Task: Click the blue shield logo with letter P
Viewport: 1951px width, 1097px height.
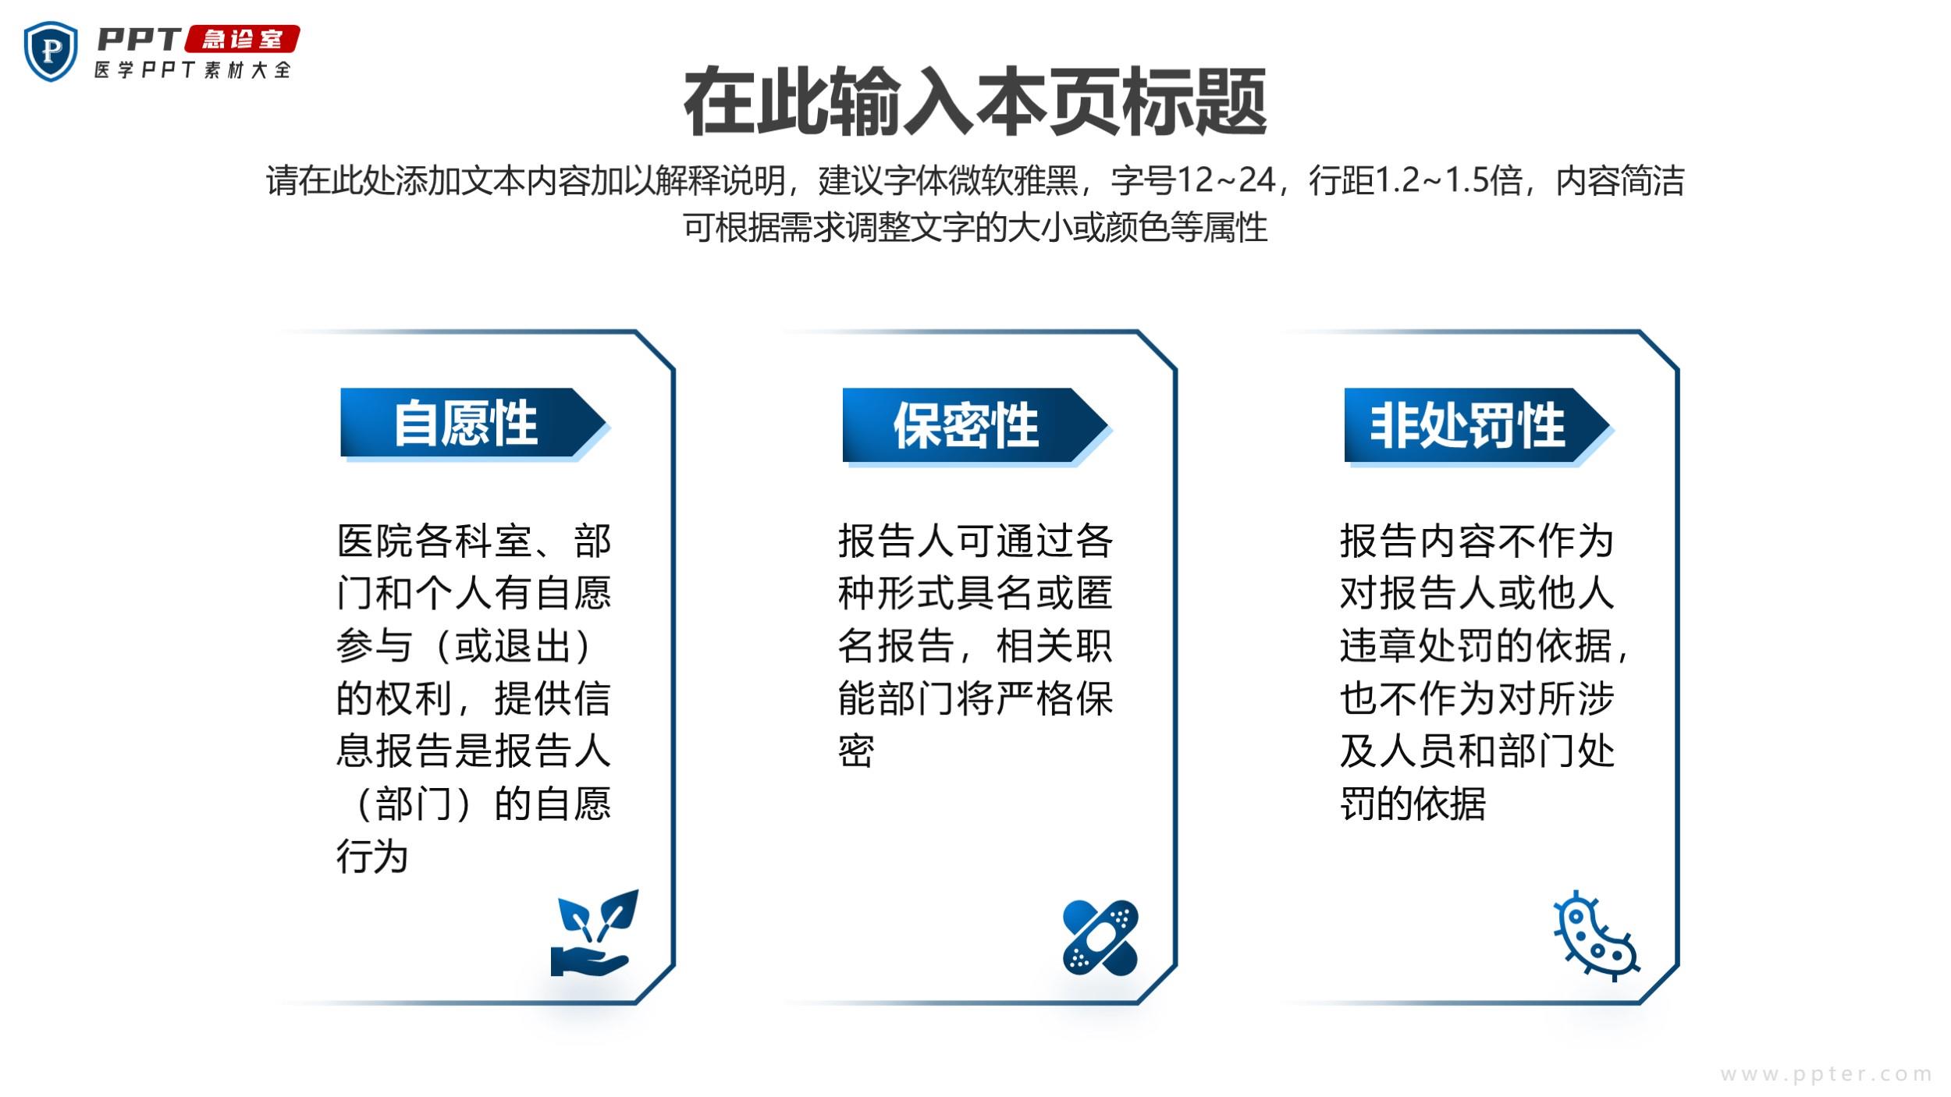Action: [51, 51]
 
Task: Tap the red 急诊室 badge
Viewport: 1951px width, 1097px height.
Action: [243, 39]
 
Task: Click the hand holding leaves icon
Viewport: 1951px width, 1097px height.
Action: [594, 932]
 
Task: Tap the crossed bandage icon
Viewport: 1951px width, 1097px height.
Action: [1100, 937]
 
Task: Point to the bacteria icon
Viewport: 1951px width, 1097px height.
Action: [1596, 935]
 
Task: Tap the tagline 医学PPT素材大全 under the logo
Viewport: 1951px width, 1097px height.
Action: [193, 69]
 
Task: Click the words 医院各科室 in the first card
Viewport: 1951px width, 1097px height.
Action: [435, 541]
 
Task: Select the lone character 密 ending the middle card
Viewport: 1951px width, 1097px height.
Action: [856, 751]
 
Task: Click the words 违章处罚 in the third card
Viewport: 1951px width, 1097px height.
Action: [1417, 646]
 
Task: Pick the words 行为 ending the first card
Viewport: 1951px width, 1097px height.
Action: [372, 856]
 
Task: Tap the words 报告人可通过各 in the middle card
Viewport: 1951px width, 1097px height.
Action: [975, 541]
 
